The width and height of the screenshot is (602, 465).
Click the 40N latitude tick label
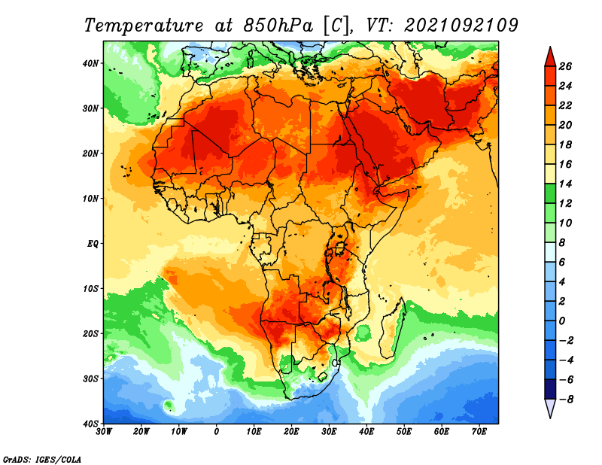click(90, 63)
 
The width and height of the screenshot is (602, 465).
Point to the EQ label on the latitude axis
click(93, 244)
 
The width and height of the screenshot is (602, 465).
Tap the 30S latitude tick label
click(90, 379)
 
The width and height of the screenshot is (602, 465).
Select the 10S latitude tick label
click(90, 289)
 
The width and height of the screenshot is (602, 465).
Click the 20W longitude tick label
click(141, 432)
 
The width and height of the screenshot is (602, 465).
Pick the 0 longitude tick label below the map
click(217, 432)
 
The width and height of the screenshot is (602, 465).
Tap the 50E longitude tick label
click(404, 432)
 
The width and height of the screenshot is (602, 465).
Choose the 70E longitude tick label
click(479, 432)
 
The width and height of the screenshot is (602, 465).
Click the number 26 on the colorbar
click(565, 66)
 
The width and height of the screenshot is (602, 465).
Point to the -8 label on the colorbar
click(566, 400)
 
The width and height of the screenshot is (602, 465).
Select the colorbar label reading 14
click(565, 184)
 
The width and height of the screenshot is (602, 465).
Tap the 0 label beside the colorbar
click(561, 321)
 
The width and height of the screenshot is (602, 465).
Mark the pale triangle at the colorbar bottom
click(550, 408)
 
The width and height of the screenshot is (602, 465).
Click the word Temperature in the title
click(144, 26)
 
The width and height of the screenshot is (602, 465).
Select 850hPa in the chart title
click(278, 26)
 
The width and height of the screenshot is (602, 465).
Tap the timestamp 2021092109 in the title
click(461, 26)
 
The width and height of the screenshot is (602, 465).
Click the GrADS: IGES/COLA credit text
click(42, 460)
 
